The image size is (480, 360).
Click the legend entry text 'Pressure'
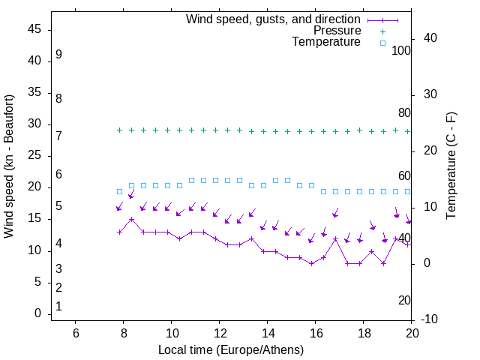coord(337,31)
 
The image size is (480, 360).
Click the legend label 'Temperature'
coord(326,42)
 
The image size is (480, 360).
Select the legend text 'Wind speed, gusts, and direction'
coord(274,19)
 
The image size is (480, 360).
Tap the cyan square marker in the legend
coord(382,43)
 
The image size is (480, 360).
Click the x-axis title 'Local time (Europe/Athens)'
coord(231,350)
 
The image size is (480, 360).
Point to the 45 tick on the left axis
coord(34,29)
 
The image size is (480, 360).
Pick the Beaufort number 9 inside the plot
coord(58,55)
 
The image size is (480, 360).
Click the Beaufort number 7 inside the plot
coord(58,136)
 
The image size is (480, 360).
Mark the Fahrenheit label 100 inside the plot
coord(401,51)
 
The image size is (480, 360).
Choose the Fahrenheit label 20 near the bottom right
coord(404,301)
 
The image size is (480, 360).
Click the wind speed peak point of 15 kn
coord(131,220)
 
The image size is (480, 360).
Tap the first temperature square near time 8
coord(119,191)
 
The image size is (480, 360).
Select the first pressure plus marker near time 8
coord(119,130)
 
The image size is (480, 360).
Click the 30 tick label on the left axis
coord(34,124)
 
